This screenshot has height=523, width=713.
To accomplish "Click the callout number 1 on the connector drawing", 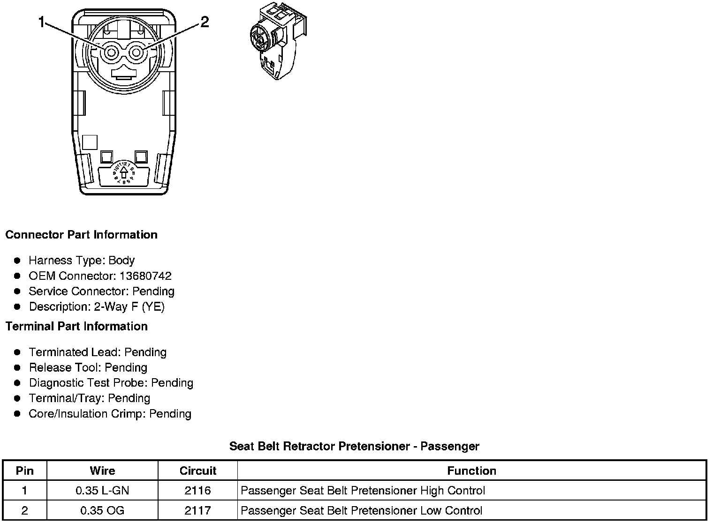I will pos(42,22).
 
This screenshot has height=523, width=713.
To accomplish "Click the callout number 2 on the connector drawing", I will pos(205,22).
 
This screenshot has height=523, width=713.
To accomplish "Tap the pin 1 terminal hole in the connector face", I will pos(111,53).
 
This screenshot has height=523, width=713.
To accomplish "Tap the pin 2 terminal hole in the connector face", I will pos(136,53).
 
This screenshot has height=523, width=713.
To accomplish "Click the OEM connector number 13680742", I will pos(145,276).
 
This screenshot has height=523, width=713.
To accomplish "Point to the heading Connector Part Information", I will pos(81,235).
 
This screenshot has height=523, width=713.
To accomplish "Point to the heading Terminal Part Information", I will pos(76,326).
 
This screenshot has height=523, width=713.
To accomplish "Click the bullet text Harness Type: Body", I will pos(82,261).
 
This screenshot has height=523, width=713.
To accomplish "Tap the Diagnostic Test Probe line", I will pos(111,383).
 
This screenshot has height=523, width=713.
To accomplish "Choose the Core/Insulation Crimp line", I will pos(110,414).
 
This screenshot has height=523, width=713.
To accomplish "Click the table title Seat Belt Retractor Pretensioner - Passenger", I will pos(354,446).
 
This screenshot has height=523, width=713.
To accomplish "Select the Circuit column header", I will pos(197,471).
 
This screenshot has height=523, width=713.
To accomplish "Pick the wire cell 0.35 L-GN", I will pos(102,491).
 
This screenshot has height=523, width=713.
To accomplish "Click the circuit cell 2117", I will pos(197,510).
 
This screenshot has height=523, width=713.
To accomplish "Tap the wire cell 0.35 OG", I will pos(102,510).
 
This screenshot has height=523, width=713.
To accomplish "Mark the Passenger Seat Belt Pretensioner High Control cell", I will pos(363,491).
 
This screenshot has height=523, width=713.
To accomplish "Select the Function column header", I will pos(471,471).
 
